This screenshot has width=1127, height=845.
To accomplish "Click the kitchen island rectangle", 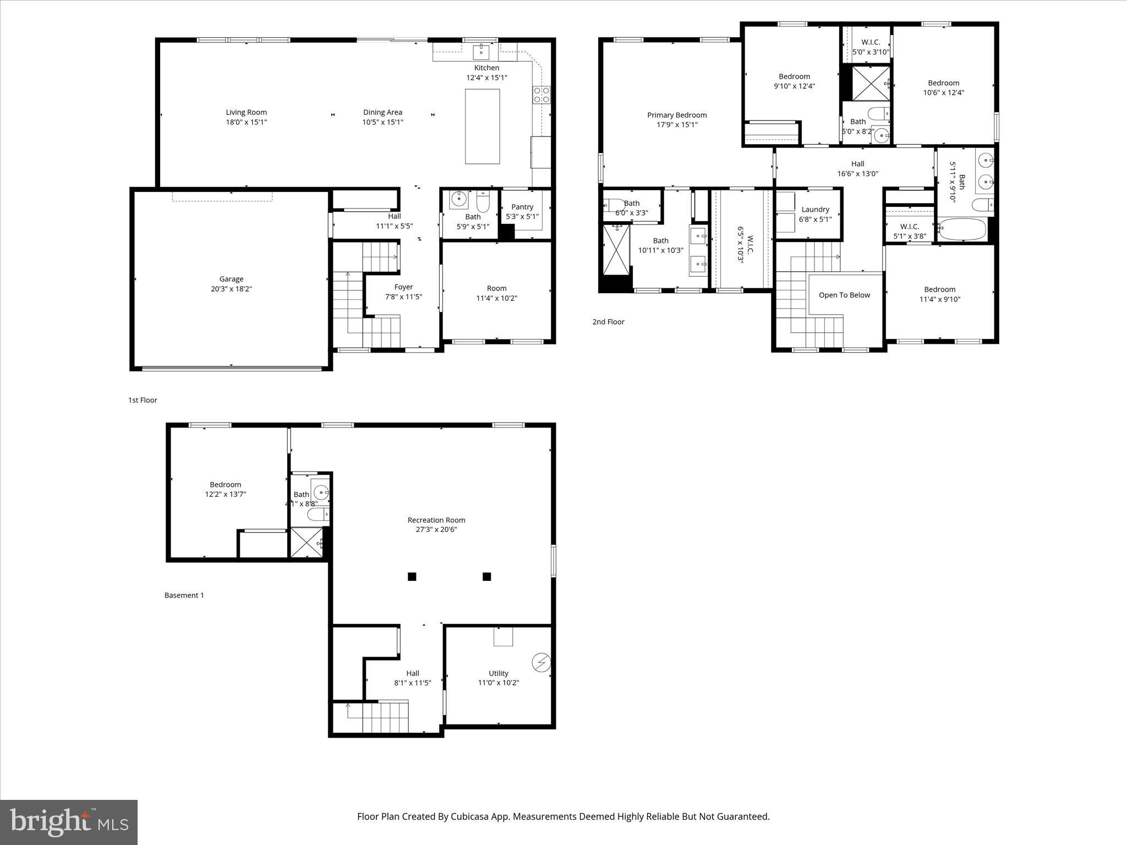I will (482, 127).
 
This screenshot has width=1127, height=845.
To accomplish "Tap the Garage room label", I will (231, 279).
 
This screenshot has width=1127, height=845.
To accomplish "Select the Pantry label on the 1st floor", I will (522, 207).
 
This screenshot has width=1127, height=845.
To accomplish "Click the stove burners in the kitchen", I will (541, 95).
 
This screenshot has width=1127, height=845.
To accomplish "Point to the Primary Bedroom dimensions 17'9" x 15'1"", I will (677, 125).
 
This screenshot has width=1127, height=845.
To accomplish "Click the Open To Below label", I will (844, 295).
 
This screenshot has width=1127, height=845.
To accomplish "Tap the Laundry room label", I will (815, 209).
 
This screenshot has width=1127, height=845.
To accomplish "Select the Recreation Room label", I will (436, 520).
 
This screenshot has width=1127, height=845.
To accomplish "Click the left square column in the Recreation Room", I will (412, 577).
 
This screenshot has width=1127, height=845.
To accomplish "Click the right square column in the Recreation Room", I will (486, 577).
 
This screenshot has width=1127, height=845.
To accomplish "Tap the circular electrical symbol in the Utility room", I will (541, 662).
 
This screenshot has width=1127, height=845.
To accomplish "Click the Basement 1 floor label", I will (184, 595).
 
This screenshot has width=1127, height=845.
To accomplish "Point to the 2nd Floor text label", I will (608, 322).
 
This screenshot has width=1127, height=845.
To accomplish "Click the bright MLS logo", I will (69, 822).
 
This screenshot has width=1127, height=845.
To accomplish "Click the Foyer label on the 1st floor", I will (403, 287).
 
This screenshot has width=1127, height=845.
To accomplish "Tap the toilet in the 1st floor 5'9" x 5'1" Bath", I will (483, 201).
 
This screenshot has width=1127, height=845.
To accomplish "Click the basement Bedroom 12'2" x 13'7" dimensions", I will (225, 494).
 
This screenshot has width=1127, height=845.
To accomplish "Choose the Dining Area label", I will (382, 112).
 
